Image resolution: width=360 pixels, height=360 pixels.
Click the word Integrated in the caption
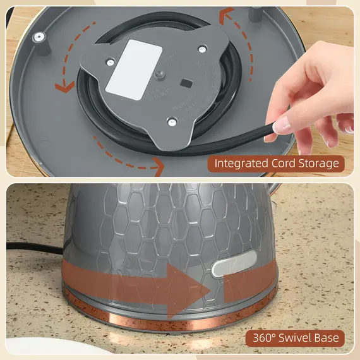(241, 164)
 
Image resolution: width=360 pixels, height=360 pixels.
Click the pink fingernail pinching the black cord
(280, 124)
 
